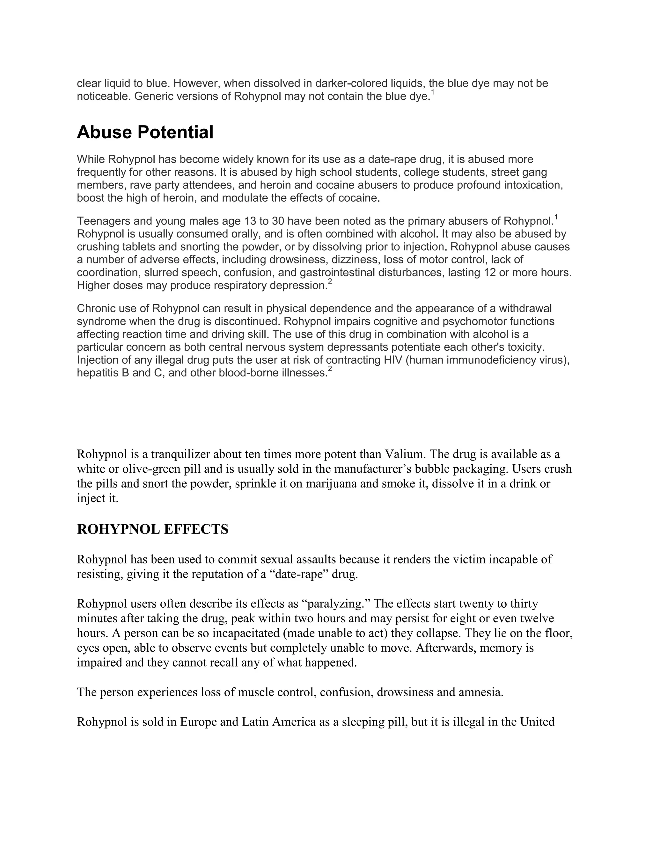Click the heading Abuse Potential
[145, 132]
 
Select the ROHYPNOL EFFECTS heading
[152, 529]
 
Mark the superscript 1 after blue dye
[433, 93]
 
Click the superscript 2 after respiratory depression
[330, 282]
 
